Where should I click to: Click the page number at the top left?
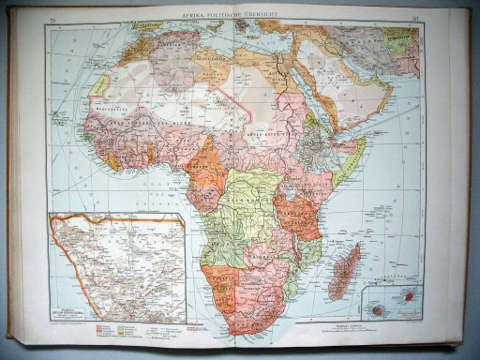click(x=54, y=16)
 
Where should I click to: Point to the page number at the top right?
click(x=412, y=15)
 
